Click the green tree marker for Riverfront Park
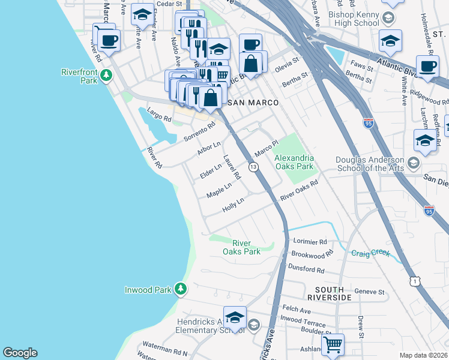click(x=106, y=75)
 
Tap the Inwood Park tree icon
click(x=181, y=290)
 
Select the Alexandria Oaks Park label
click(x=294, y=162)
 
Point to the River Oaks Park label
click(x=246, y=247)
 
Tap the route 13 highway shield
click(x=253, y=167)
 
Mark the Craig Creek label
click(x=370, y=253)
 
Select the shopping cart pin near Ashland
click(x=333, y=344)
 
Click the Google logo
click(x=20, y=353)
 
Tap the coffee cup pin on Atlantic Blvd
click(x=427, y=67)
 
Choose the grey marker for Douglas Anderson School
click(x=413, y=163)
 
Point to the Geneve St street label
click(x=369, y=292)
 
